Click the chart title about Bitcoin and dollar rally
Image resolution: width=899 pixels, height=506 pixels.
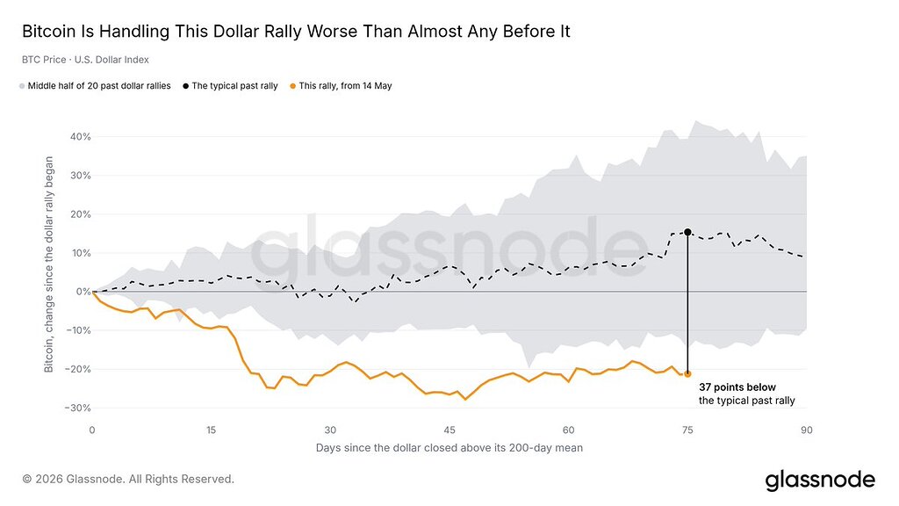[296, 31]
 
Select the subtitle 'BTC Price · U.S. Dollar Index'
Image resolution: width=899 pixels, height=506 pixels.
[85, 60]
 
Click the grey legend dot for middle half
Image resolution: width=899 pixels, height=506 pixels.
[22, 86]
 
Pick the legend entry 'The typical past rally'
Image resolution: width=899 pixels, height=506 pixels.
[230, 86]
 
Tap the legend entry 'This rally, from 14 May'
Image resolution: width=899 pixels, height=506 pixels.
[341, 86]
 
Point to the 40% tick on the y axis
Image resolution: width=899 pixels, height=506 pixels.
[80, 136]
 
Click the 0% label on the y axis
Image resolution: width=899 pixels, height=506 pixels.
[83, 292]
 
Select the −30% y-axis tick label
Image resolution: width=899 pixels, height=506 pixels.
[78, 408]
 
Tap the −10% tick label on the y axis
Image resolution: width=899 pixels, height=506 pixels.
[78, 330]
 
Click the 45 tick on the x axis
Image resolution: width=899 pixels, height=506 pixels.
[449, 430]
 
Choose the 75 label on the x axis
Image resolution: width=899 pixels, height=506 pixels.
[687, 430]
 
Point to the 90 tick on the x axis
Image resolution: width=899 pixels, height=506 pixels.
[807, 430]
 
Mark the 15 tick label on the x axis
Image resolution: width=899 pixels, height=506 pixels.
[211, 430]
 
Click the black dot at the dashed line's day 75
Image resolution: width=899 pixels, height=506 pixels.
[687, 232]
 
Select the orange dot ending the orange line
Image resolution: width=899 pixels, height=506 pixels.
[687, 374]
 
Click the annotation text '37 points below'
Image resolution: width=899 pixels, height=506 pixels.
[737, 387]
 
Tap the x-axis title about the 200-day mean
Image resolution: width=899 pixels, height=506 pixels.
[449, 448]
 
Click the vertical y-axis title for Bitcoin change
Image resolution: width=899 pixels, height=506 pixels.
[49, 264]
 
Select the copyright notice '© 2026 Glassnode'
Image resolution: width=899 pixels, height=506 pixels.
[128, 479]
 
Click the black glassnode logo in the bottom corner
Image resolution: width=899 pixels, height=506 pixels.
[820, 480]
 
